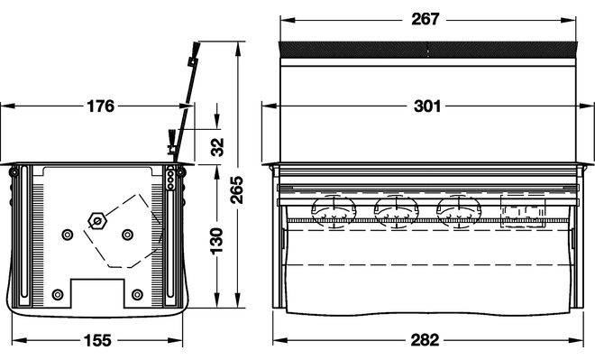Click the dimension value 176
[x=101, y=106]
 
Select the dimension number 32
[x=217, y=147]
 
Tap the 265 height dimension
[x=237, y=189]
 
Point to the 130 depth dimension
[x=216, y=241]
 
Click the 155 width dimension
[x=97, y=340]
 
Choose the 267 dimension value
[x=426, y=19]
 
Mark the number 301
[x=427, y=106]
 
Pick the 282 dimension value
[x=425, y=340]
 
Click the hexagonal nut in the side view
[x=96, y=221]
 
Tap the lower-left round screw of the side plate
[x=58, y=294]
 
